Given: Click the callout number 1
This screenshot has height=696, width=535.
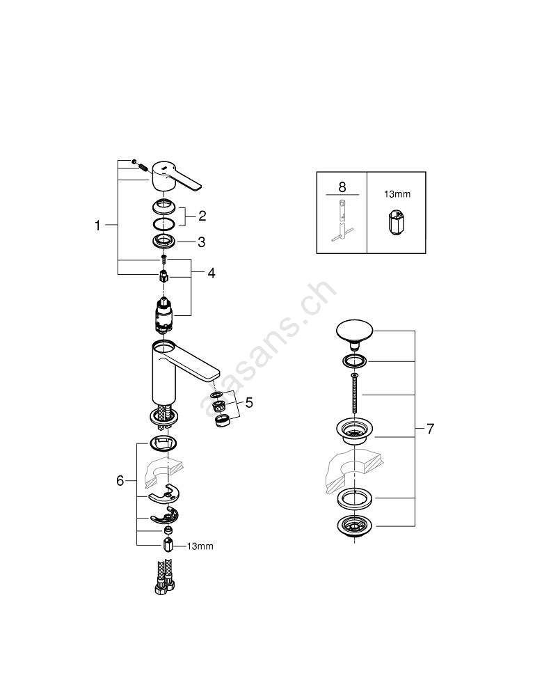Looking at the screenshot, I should [98, 226].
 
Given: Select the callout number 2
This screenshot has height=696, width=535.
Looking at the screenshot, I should [202, 216].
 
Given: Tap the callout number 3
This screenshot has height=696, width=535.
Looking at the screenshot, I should [202, 242].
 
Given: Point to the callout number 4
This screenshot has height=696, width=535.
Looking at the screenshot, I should [211, 273].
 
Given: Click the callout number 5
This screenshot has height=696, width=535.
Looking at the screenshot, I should [249, 402].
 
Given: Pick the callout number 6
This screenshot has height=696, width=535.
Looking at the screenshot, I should [120, 480].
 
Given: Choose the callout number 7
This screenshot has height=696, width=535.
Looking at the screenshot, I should [430, 429].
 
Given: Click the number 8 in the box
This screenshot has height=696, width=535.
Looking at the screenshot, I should [342, 187].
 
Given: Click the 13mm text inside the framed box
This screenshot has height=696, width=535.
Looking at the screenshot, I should [397, 194].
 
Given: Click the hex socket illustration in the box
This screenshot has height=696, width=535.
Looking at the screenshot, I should [396, 222].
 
